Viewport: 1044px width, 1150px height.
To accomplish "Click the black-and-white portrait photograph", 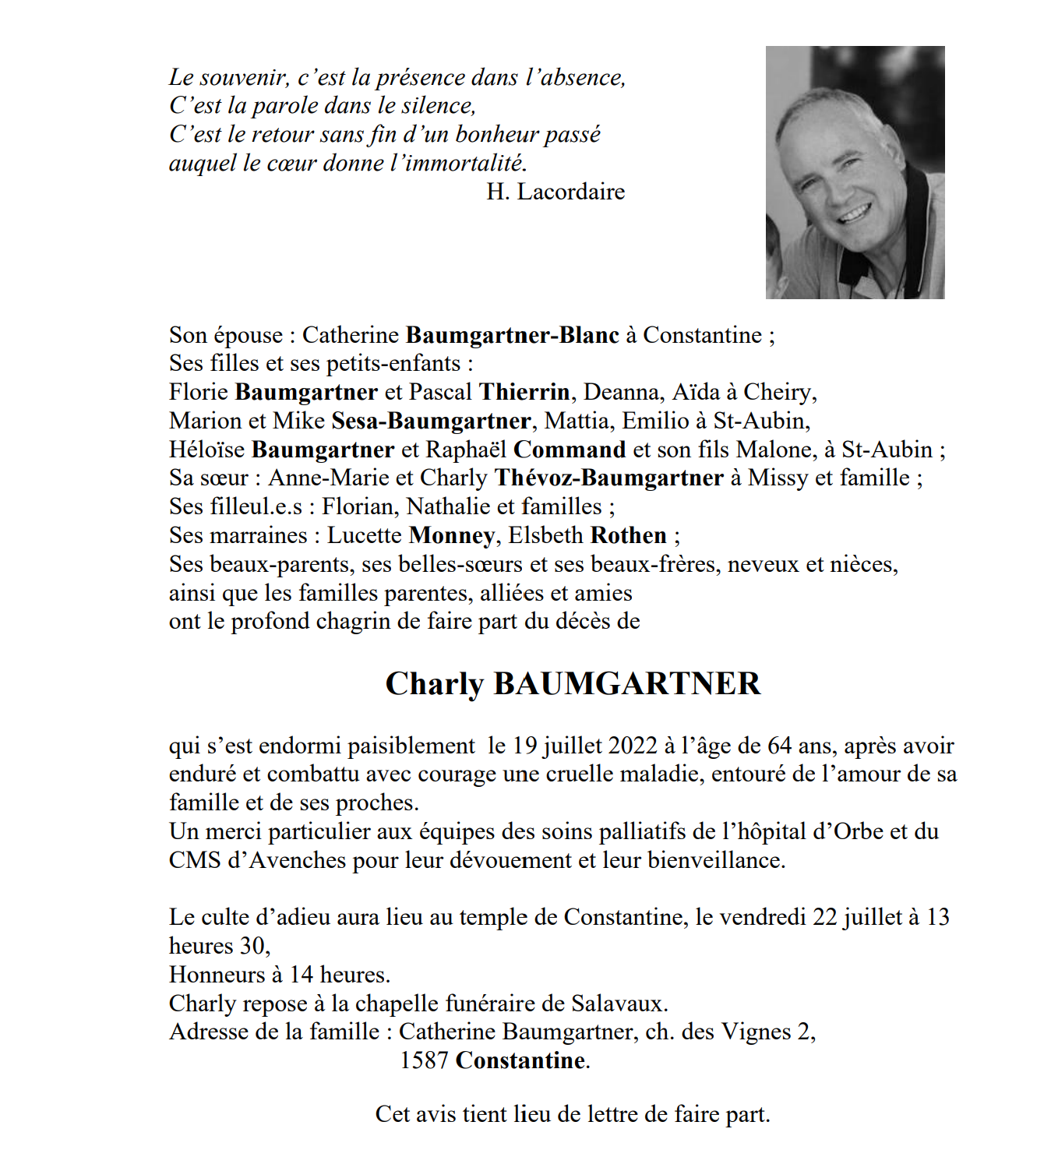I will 855,172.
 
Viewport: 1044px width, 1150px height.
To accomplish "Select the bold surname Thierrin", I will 524,392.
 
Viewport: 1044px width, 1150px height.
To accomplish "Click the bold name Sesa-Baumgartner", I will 431,421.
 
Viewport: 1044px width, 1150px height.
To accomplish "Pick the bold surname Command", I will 570,450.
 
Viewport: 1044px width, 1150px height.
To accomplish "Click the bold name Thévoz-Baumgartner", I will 609,478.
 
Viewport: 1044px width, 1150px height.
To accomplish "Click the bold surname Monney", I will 451,536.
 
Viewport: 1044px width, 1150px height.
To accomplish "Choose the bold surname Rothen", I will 629,535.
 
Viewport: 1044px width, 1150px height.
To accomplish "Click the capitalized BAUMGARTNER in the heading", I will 627,683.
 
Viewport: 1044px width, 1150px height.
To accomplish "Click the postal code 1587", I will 424,1060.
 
